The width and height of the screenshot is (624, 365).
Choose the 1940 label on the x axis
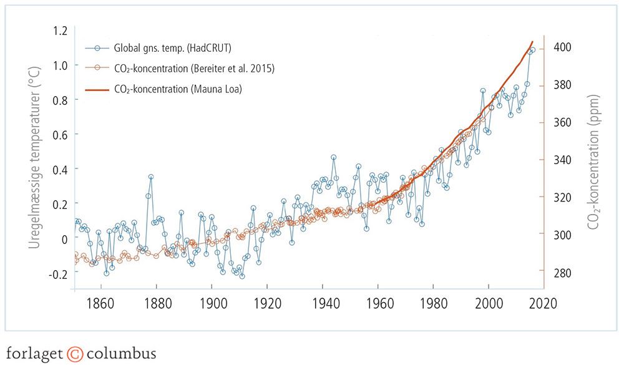[323, 304]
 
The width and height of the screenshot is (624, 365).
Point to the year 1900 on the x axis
[212, 304]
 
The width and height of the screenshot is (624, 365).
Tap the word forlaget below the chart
[34, 353]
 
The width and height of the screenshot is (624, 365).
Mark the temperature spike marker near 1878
[151, 177]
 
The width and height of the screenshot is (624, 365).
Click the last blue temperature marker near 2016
[532, 50]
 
